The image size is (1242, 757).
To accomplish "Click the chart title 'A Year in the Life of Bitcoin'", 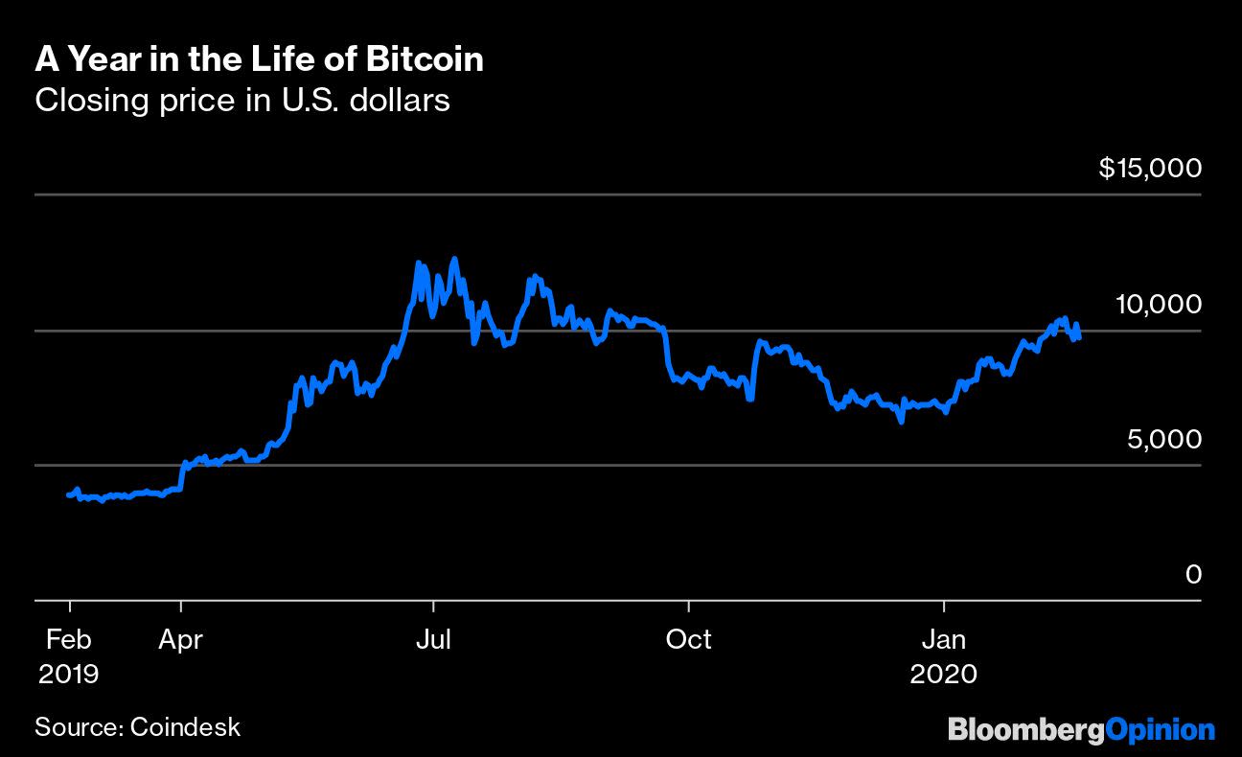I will [x=259, y=60].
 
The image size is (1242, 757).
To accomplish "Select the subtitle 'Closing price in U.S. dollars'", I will [x=241, y=100].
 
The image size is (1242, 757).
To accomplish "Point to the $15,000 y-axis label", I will [x=1149, y=169].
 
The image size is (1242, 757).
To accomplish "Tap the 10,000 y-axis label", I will [x=1158, y=304].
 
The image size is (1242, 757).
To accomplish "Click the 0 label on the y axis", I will [x=1192, y=574].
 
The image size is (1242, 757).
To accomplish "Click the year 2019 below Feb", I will [x=68, y=674].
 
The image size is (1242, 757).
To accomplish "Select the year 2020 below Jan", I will [x=944, y=674].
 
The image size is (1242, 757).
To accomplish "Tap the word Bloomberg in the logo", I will [x=1025, y=730].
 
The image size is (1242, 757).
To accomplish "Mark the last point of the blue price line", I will [x=1080, y=337].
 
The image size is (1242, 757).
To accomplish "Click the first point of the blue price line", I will [x=67, y=494].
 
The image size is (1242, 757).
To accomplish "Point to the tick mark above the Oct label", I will [x=688, y=608].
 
